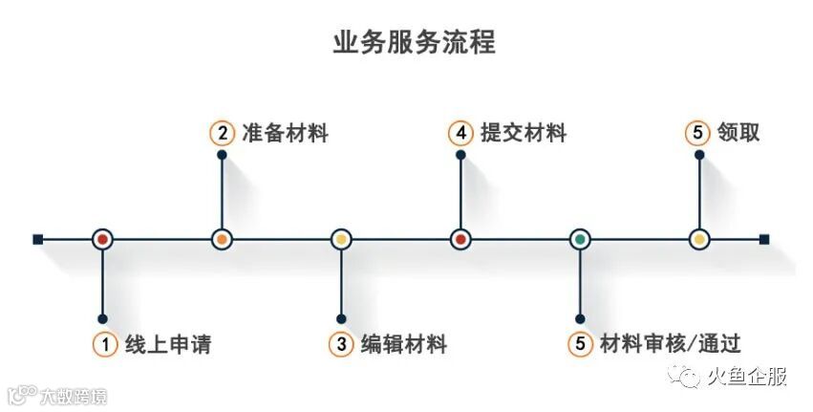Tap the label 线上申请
click(168, 344)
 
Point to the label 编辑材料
click(404, 344)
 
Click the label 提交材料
click(524, 134)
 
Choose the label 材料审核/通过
click(671, 344)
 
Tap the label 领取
click(738, 134)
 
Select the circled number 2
click(222, 134)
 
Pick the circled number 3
click(340, 345)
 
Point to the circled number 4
click(460, 134)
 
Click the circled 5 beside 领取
click(699, 134)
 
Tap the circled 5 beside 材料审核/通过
click(580, 345)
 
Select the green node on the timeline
click(580, 239)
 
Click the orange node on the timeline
click(222, 239)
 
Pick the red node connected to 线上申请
click(102, 239)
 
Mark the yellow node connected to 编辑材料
click(341, 239)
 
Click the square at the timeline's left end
click(37, 239)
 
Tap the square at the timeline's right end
click(764, 239)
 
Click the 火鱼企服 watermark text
click(747, 377)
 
